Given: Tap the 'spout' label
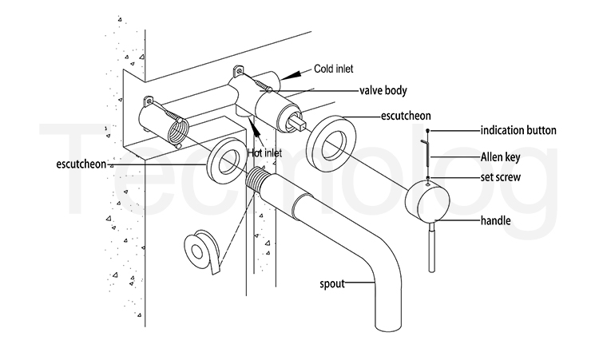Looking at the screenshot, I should click(x=334, y=283).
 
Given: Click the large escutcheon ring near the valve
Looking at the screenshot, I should click(x=330, y=142).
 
